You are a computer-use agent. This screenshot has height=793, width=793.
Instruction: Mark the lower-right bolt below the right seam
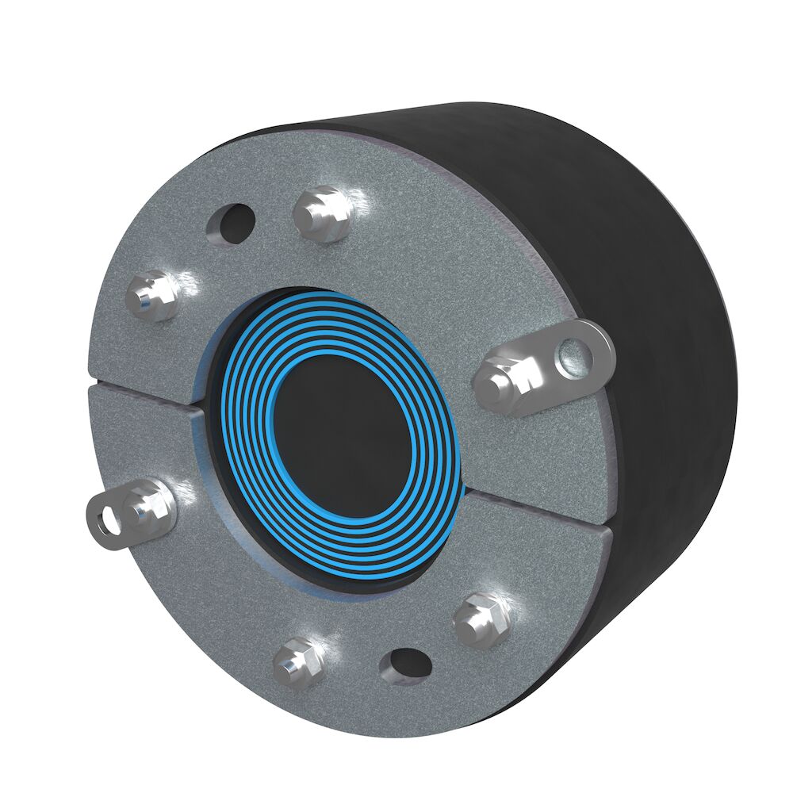tap(479, 617)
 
